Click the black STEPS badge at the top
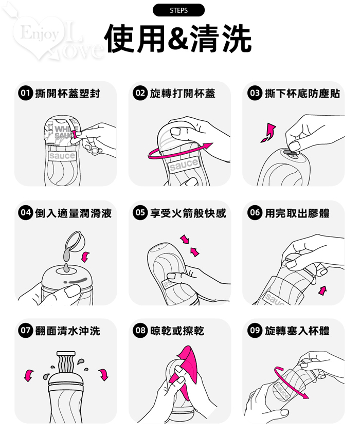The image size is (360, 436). pos(178,10)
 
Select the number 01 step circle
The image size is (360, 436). pos(25,93)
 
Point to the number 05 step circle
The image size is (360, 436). pos(140,213)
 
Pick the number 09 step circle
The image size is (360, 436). pos(255,331)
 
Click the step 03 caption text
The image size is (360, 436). pos(302,94)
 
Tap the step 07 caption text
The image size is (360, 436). pos(67,331)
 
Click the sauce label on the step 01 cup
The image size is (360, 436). pos(62,156)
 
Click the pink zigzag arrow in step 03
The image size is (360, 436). pos(269,133)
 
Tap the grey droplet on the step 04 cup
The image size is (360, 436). pos(66,268)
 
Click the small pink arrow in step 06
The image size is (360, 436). pos(322,290)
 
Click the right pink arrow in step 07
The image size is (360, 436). pos(103,374)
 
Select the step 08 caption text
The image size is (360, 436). pos(177,331)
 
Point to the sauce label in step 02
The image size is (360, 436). pos(184,165)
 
